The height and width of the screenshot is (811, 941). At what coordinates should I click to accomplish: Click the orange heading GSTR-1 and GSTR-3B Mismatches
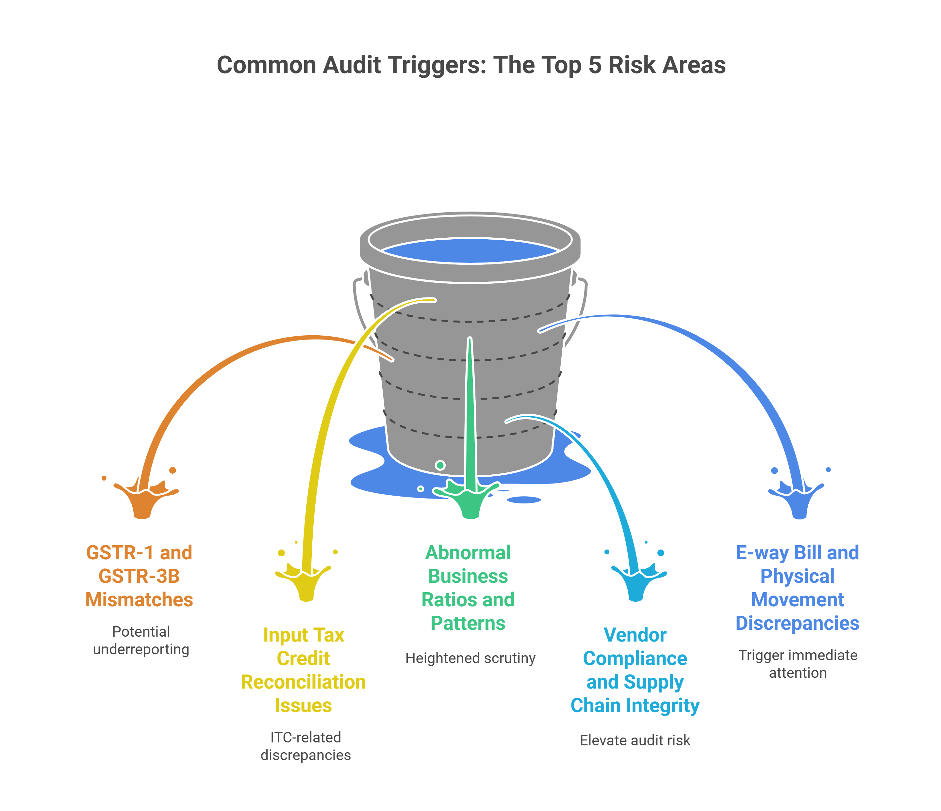pyautogui.click(x=140, y=576)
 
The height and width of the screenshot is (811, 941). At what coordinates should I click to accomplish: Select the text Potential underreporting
pyautogui.click(x=141, y=640)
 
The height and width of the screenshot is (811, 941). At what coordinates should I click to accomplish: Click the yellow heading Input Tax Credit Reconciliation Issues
pyautogui.click(x=303, y=670)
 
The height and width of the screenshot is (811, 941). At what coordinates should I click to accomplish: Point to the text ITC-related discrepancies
pyautogui.click(x=305, y=746)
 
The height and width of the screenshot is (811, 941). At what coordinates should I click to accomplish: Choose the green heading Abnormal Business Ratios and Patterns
pyautogui.click(x=468, y=588)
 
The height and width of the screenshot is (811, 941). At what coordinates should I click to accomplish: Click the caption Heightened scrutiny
pyautogui.click(x=470, y=658)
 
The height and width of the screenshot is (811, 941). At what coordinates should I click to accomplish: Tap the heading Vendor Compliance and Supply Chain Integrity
pyautogui.click(x=635, y=670)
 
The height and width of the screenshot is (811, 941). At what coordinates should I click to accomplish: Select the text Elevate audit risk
pyautogui.click(x=635, y=740)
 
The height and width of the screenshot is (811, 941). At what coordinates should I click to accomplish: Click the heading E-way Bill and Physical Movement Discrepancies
pyautogui.click(x=798, y=588)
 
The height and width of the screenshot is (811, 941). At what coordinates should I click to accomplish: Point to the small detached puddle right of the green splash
pyautogui.click(x=524, y=500)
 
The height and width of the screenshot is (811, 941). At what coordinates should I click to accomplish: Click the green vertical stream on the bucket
pyautogui.click(x=470, y=408)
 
